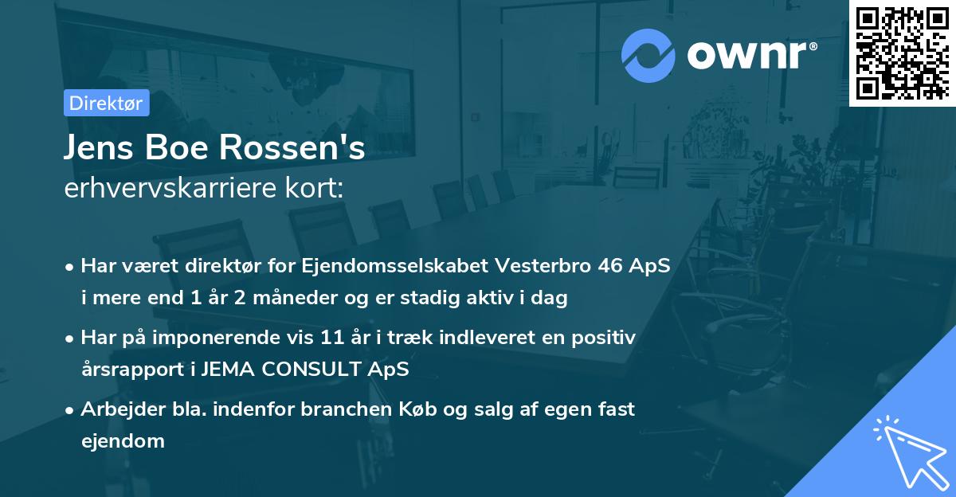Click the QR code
(902, 53)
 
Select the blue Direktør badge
(106, 103)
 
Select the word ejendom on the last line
(123, 440)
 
